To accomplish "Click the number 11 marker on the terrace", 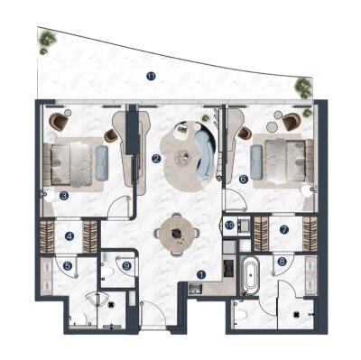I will pyautogui.click(x=152, y=75).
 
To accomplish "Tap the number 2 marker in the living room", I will pyautogui.click(x=156, y=159).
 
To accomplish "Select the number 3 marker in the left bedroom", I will pyautogui.click(x=64, y=194).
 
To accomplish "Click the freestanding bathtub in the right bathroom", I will pyautogui.click(x=249, y=272).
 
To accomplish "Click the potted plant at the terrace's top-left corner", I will pyautogui.click(x=45, y=41).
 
